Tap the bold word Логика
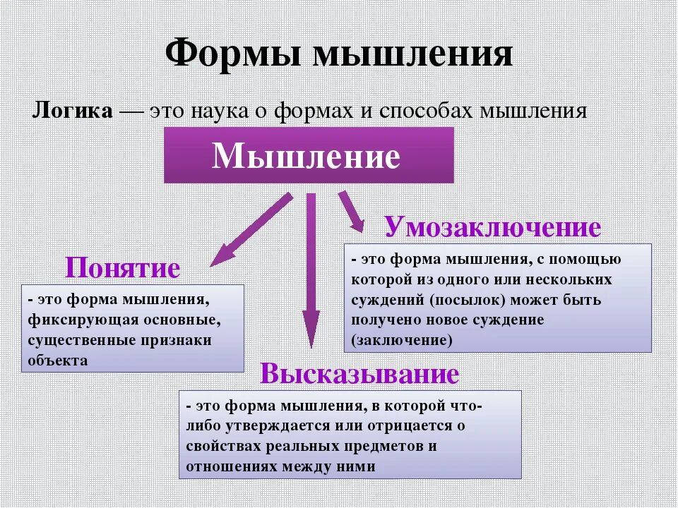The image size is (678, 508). coord(72,111)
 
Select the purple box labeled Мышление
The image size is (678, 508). coord(308,155)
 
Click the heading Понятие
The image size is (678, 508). coord(123,268)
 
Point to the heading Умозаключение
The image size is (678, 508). coord(492,228)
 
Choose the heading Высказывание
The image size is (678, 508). coord(359,374)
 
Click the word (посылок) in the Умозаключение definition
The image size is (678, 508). coord(466,299)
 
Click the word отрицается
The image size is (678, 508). coord(405,425)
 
